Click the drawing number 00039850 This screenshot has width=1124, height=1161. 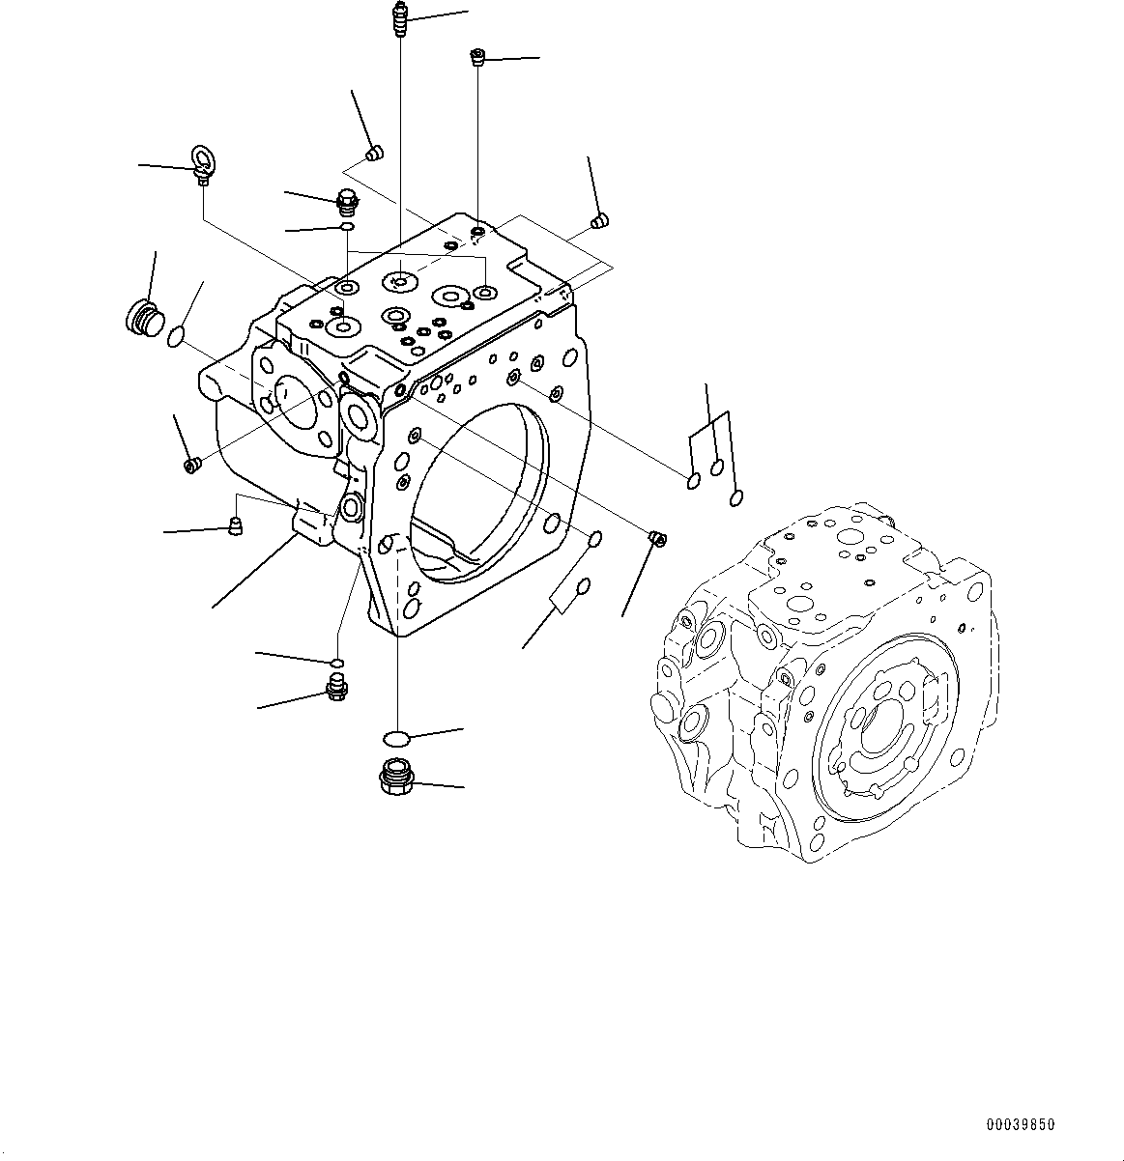point(1020,1125)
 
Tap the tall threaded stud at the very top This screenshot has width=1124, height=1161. point(400,19)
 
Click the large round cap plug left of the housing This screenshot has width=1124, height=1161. point(144,316)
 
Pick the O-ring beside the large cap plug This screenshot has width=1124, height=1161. point(175,337)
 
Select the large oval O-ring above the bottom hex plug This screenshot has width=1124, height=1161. point(396,739)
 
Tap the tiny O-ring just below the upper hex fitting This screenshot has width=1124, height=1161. point(347,227)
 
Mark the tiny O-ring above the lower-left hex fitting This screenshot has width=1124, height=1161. point(335,662)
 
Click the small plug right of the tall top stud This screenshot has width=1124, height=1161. point(476,58)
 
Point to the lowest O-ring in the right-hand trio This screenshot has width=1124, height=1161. point(735,497)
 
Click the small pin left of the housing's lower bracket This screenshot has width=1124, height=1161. point(233,526)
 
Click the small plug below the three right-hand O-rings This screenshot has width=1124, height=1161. point(656,537)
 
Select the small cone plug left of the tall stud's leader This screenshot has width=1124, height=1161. point(376,153)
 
